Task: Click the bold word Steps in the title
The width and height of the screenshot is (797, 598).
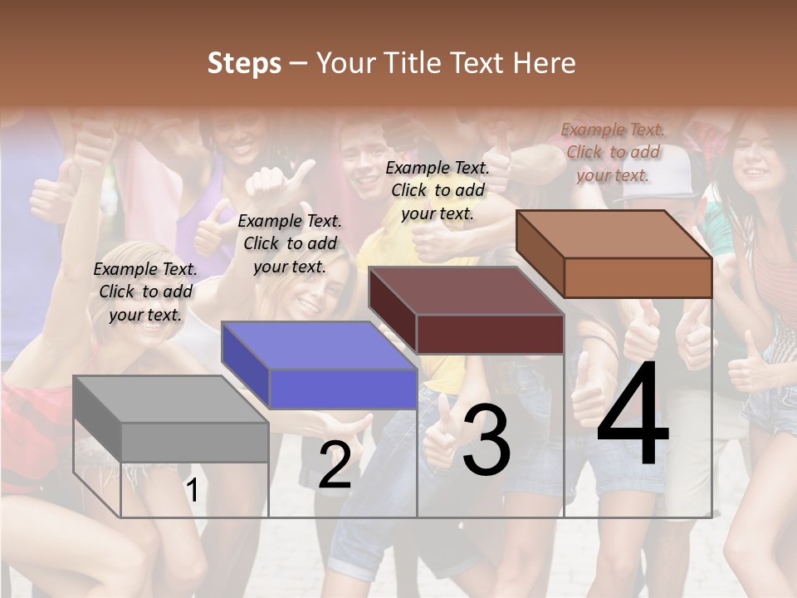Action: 244,63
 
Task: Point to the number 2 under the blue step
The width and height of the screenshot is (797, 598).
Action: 335,466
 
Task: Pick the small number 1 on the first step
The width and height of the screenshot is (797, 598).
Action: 193,490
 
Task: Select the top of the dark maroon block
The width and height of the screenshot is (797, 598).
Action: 465,291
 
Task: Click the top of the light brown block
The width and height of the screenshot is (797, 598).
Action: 614,234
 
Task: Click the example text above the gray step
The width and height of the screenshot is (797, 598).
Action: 145,292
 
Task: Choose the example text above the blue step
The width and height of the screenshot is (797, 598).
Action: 290,243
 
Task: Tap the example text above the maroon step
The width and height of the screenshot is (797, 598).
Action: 438,190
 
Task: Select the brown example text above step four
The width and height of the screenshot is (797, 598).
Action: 613,152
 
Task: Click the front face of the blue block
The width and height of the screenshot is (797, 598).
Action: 343,389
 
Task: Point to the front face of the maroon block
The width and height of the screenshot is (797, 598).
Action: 490,334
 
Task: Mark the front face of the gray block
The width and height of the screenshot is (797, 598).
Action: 195,442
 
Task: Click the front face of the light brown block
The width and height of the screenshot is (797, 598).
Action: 638,277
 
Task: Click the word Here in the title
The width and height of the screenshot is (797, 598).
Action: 544,63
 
